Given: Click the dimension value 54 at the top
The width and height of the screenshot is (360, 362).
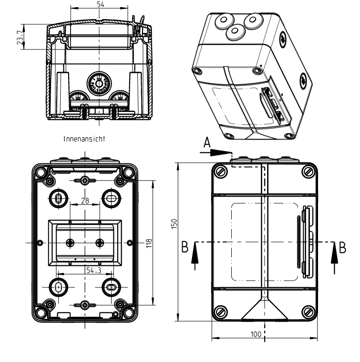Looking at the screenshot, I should (99, 4).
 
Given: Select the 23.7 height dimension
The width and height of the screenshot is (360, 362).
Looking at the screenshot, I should (18, 37).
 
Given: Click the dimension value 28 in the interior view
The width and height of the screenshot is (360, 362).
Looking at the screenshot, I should (84, 201).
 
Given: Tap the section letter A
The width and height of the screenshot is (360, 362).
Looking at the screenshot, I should (206, 142).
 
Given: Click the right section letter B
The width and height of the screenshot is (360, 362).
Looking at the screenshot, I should (341, 248).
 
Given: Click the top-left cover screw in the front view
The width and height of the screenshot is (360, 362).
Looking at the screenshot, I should (221, 172).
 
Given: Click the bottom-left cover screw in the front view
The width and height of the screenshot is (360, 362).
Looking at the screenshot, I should (221, 312).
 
